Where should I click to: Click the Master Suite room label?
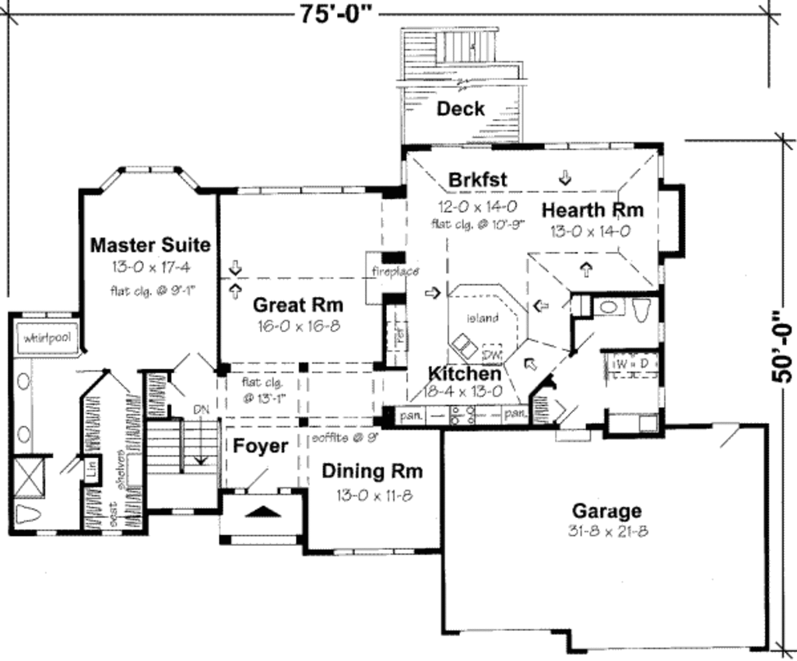pyautogui.click(x=150, y=245)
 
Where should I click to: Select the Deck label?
pyautogui.click(x=460, y=109)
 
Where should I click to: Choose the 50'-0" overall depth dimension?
pyautogui.click(x=782, y=347)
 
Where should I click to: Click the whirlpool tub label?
pyautogui.click(x=47, y=338)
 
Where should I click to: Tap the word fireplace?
pyautogui.click(x=395, y=271)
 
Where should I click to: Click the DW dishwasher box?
pyautogui.click(x=491, y=355)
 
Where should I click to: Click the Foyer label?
pyautogui.click(x=261, y=446)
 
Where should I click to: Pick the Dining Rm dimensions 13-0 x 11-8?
pyautogui.click(x=374, y=495)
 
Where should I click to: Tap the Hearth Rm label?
pyautogui.click(x=592, y=210)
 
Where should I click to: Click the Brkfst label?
pyautogui.click(x=477, y=180)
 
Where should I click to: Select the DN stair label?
pyautogui.click(x=201, y=410)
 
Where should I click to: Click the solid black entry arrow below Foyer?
pyautogui.click(x=262, y=511)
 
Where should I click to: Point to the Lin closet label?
pyautogui.click(x=92, y=469)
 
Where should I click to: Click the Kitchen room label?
pyautogui.click(x=465, y=373)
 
